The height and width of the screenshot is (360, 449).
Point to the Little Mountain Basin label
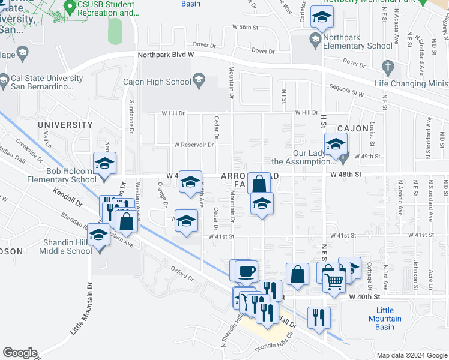click(381, 319)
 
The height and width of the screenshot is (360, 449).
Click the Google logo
click(20, 353)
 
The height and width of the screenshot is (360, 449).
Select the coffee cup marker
click(247, 271)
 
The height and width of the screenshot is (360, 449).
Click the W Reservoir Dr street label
click(194, 145)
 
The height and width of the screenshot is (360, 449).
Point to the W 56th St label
click(249, 28)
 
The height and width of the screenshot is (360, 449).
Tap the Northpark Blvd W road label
click(166, 54)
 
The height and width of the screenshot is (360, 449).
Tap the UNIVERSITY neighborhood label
click(65, 125)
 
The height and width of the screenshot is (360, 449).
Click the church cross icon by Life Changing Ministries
click(388, 66)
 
